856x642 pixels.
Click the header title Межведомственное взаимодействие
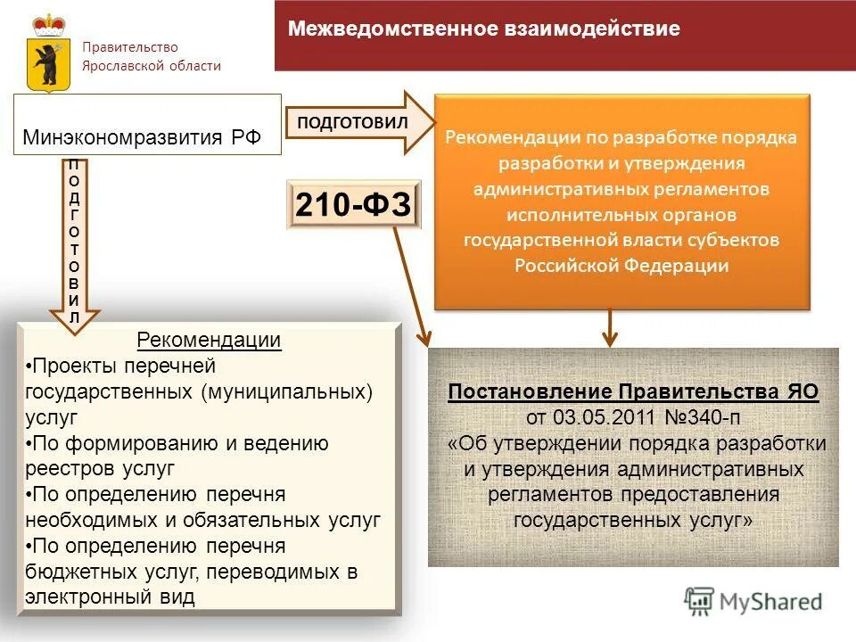pyautogui.click(x=483, y=29)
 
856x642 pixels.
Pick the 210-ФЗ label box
pyautogui.click(x=353, y=206)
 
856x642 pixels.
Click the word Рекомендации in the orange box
pyautogui.click(x=503, y=138)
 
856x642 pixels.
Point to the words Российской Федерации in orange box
pyautogui.click(x=621, y=266)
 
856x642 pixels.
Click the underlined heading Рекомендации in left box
pyautogui.click(x=209, y=341)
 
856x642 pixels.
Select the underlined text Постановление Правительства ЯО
pyautogui.click(x=632, y=392)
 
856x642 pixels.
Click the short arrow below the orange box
pyautogui.click(x=610, y=327)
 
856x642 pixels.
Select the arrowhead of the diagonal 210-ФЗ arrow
pyautogui.click(x=424, y=338)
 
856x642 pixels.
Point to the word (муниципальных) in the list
pyautogui.click(x=287, y=391)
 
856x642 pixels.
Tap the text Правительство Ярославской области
pyautogui.click(x=152, y=56)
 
